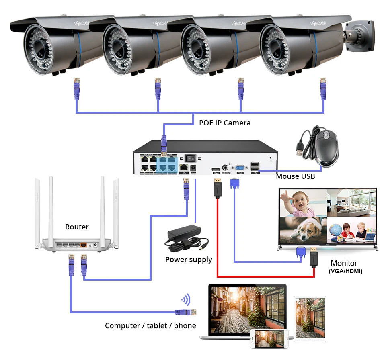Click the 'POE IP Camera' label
point(225,123)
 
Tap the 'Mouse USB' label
point(296,176)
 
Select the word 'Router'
point(77,227)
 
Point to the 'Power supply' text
point(189,260)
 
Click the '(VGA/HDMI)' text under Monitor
point(345,271)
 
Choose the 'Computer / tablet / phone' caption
point(150,325)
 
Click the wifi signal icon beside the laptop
point(186,300)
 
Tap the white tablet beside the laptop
point(310,318)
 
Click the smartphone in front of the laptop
point(269,339)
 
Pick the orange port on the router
point(84,244)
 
